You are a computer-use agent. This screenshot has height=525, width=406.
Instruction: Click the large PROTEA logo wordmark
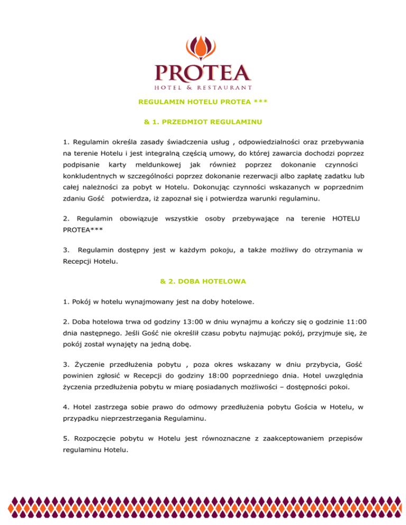point(203,72)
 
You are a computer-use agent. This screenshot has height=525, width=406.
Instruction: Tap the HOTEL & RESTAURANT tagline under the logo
point(203,87)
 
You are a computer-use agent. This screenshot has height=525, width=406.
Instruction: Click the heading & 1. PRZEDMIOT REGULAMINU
point(203,122)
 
